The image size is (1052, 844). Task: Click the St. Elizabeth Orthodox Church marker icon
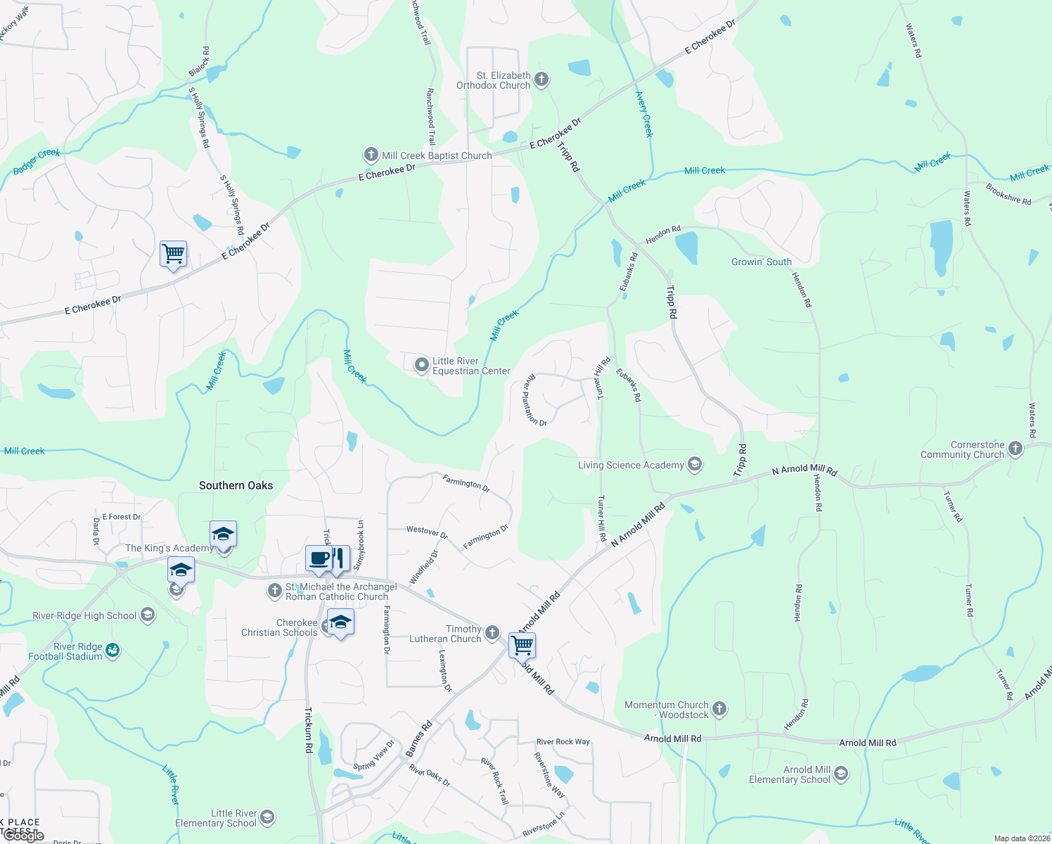(x=541, y=79)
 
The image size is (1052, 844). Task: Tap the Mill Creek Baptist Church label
(x=437, y=155)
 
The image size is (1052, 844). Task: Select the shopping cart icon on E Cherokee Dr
(x=173, y=253)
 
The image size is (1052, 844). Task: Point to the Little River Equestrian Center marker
(x=421, y=364)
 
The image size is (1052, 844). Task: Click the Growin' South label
(x=762, y=262)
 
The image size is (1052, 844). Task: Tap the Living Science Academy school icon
(x=695, y=464)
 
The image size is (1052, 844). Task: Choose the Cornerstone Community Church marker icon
(x=1015, y=448)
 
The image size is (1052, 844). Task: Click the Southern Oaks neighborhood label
(x=236, y=485)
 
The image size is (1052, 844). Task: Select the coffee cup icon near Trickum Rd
(x=319, y=558)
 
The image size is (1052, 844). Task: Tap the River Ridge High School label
(x=84, y=615)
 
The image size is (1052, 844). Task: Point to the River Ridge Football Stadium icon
(x=113, y=651)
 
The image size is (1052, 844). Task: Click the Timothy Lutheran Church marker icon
(x=492, y=632)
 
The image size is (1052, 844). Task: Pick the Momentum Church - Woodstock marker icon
(x=719, y=708)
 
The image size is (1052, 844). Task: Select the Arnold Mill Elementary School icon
(x=840, y=774)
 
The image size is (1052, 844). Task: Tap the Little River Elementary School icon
(x=267, y=817)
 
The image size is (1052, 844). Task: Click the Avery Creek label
(x=644, y=114)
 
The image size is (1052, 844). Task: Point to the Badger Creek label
(x=37, y=162)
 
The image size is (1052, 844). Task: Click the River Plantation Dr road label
(x=534, y=400)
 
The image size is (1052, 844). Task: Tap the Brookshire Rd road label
(x=1008, y=193)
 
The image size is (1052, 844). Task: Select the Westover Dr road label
(x=427, y=532)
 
